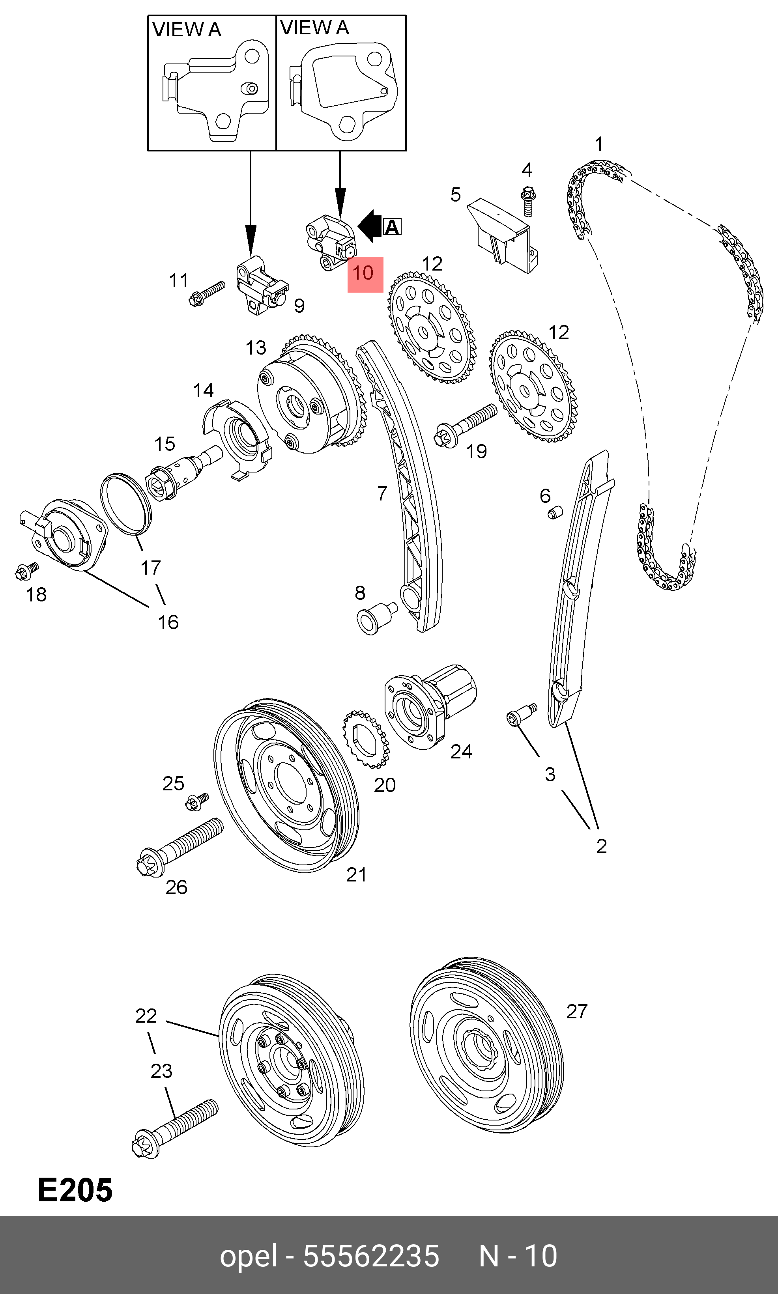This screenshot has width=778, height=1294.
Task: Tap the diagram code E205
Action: coord(75,1190)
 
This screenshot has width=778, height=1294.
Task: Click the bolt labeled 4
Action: coord(527,201)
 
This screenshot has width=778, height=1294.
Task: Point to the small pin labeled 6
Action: coord(555,512)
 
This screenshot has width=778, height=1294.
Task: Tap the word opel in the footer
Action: coord(248,1256)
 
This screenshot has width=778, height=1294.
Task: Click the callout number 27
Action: coord(577,1011)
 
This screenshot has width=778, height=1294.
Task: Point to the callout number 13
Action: coord(256,347)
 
